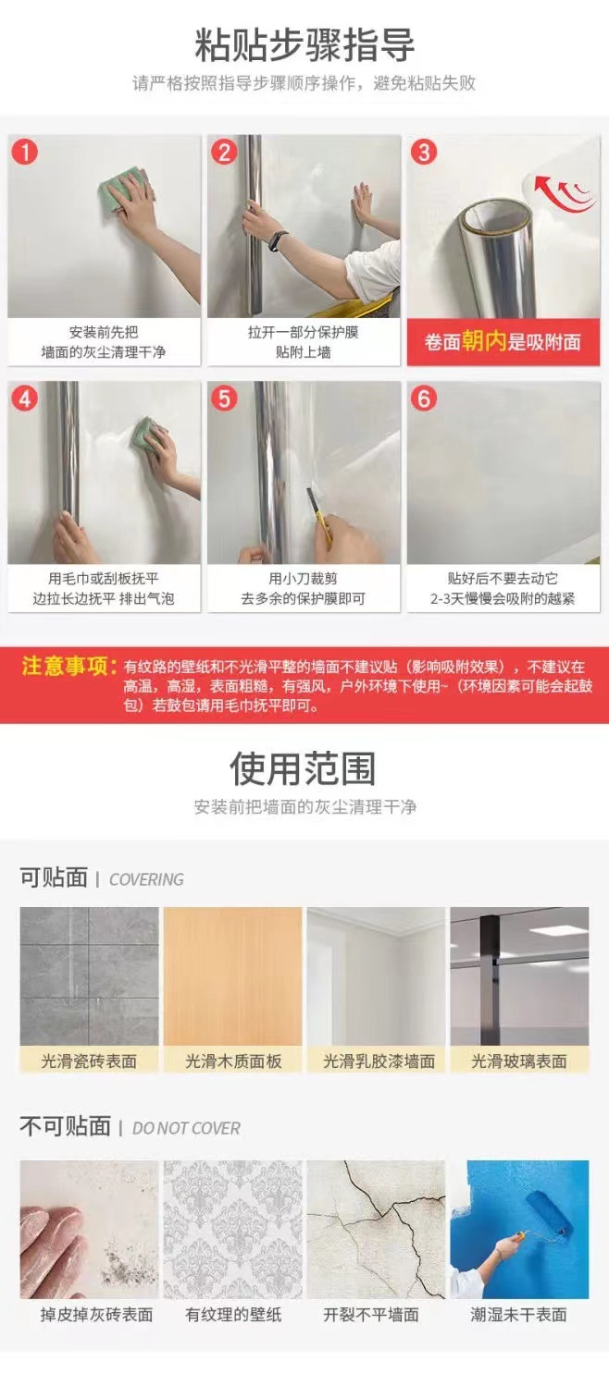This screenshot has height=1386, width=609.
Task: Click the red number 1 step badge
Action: (25, 152)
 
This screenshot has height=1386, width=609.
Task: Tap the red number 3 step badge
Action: (424, 152)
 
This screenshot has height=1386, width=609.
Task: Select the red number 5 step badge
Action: (224, 399)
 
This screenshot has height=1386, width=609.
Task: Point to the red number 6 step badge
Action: (424, 399)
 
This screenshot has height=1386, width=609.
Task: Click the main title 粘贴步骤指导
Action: (304, 45)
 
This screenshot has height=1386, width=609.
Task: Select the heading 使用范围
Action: (303, 768)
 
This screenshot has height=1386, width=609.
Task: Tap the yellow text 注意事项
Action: (68, 667)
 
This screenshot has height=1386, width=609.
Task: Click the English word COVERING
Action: (146, 879)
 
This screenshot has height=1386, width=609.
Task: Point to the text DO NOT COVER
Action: (186, 1128)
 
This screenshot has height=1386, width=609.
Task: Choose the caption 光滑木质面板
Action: (233, 1061)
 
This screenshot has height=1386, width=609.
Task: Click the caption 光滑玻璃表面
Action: (519, 1061)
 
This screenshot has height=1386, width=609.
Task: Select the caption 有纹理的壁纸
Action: (233, 1315)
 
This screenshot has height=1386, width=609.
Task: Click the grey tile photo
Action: (89, 976)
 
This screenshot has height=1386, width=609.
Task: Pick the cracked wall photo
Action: (376, 1229)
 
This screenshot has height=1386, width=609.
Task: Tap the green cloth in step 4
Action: (146, 433)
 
